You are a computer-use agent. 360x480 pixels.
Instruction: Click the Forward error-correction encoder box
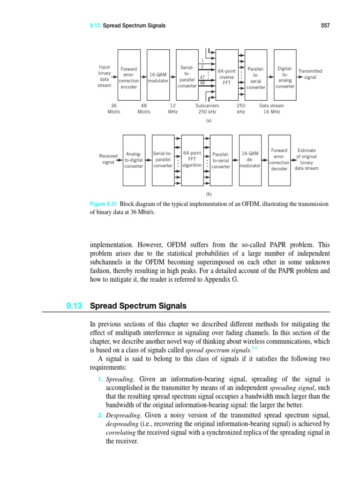pos(129,75)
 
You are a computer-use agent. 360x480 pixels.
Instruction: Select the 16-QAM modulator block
pos(158,75)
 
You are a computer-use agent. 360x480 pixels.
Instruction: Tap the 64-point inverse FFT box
pos(227,75)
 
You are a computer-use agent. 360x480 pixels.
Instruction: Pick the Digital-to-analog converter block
pos(285,75)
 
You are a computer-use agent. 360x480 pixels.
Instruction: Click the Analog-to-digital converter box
pos(134,159)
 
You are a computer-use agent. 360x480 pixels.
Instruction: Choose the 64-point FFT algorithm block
pos(192,159)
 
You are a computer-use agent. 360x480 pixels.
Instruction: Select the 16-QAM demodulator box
pos(250,159)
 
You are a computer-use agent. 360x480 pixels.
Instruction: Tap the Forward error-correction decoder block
pos(279,159)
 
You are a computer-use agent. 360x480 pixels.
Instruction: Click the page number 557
pos(325,25)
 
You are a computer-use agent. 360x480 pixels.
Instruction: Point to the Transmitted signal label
pos(310,74)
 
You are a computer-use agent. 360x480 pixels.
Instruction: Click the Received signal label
pos(108,159)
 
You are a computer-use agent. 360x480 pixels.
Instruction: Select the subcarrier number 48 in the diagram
pos(202,82)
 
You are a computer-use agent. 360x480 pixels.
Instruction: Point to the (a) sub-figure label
pos(209,120)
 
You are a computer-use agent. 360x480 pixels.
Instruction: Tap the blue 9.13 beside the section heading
pos(74,306)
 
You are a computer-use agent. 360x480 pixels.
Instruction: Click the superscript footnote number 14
pos(255,347)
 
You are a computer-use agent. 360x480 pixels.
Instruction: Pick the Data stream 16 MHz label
pos(271,109)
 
